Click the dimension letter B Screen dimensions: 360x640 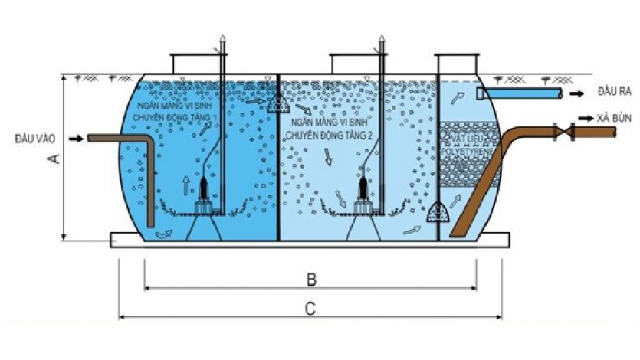pyautogui.click(x=310, y=279)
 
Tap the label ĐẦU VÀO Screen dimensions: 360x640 pyautogui.click(x=35, y=139)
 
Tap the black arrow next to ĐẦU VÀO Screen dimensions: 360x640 pyautogui.click(x=75, y=139)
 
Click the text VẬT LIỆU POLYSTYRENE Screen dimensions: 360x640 pyautogui.click(x=465, y=147)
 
